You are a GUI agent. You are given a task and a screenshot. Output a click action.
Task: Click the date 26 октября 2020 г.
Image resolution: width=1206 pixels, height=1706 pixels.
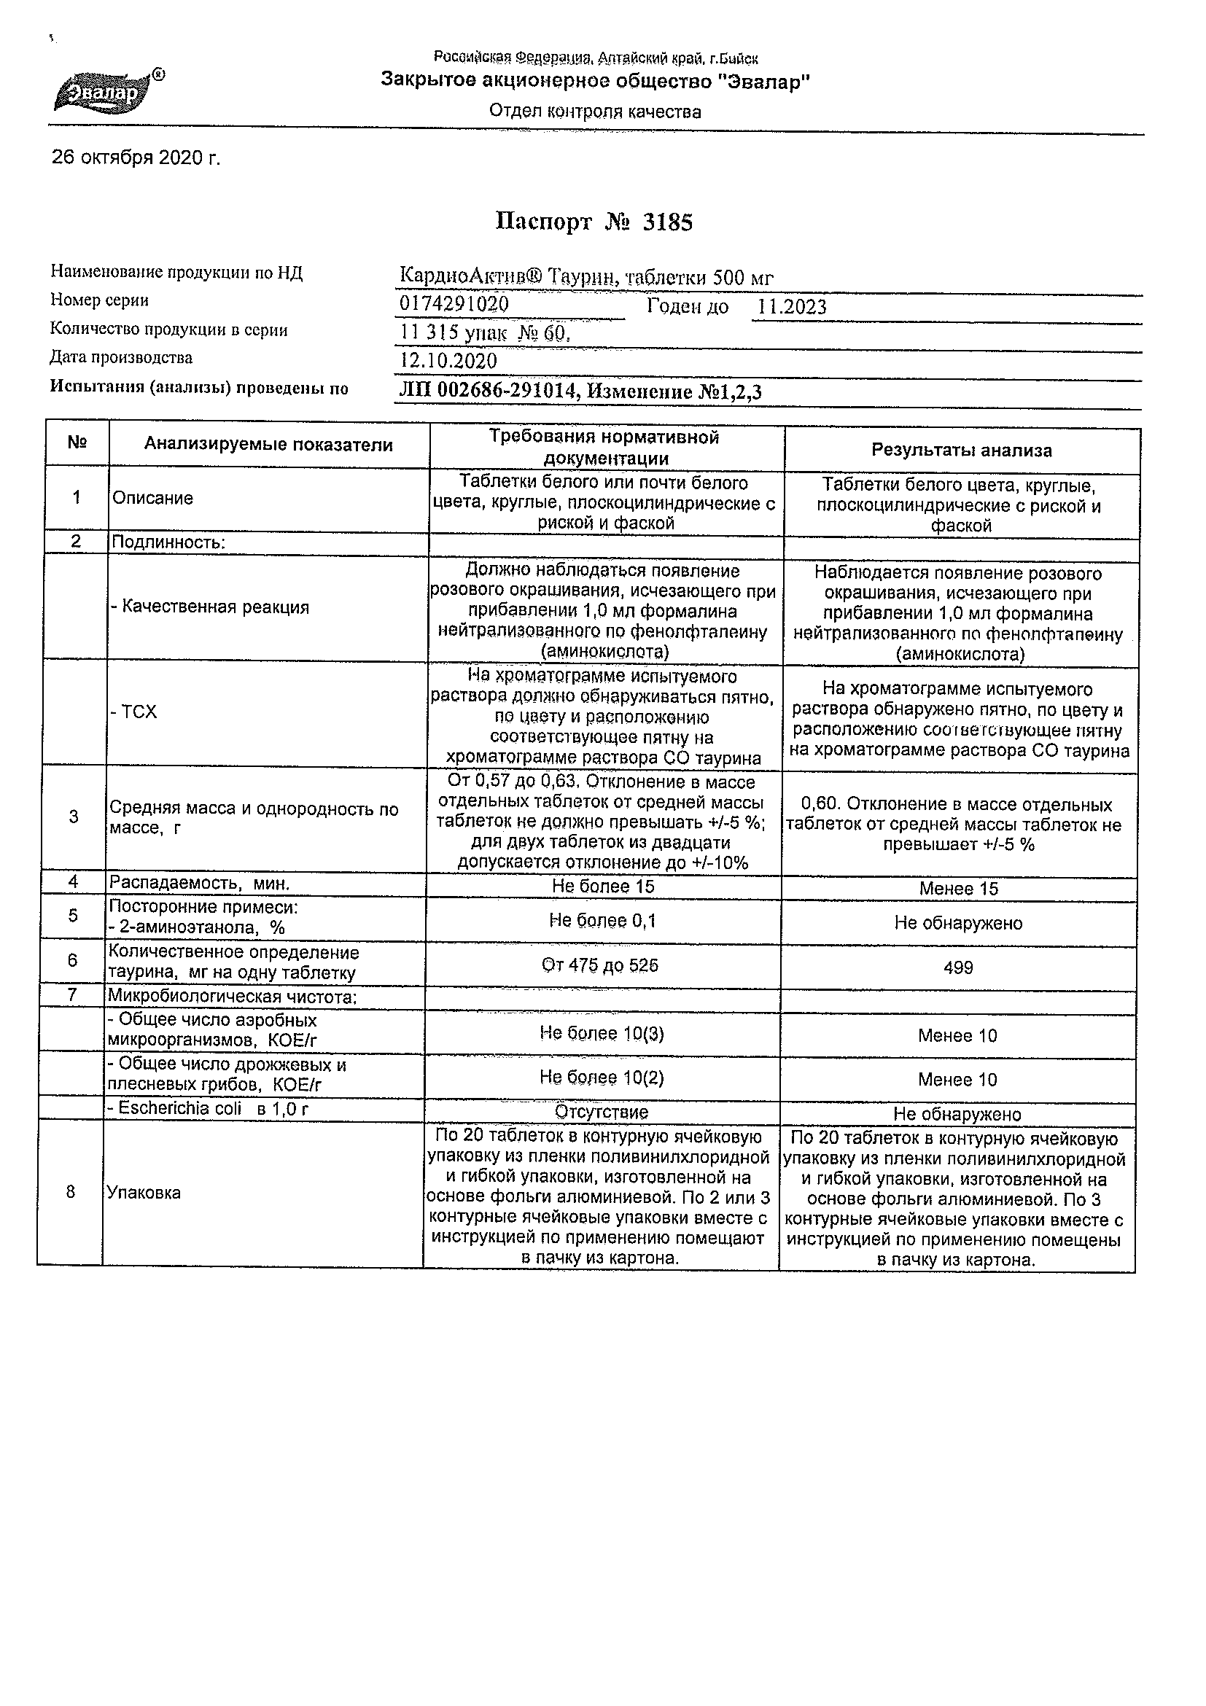[136, 158]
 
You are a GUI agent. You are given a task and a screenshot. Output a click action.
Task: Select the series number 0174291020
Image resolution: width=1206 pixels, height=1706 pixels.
[454, 304]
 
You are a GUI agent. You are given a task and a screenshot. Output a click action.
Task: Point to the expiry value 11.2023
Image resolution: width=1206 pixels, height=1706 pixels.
[791, 307]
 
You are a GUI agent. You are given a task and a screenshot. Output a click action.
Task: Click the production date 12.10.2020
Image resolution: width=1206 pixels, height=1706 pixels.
[448, 361]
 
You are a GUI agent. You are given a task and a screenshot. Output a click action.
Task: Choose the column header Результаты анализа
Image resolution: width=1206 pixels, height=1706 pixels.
[962, 451]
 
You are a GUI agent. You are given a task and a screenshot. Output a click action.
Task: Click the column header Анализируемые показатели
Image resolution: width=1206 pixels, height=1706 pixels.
[268, 444]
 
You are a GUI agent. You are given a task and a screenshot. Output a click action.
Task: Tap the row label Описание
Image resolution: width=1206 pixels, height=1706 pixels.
[152, 498]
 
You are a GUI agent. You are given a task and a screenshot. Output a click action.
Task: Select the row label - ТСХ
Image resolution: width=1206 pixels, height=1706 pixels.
[133, 712]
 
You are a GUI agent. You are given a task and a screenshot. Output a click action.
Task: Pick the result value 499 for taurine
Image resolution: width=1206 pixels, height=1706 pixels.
[958, 967]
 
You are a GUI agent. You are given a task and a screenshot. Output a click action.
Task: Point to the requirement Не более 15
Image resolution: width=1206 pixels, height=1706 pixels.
[602, 887]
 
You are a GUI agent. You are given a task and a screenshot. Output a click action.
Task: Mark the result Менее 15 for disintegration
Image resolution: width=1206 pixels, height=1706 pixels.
[959, 889]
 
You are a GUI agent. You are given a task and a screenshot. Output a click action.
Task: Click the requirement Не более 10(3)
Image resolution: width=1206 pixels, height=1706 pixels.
[602, 1034]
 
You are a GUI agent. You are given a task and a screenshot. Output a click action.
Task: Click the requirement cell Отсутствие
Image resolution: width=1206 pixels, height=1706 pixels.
[602, 1113]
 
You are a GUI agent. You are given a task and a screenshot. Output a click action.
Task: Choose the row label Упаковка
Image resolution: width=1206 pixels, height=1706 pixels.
[144, 1193]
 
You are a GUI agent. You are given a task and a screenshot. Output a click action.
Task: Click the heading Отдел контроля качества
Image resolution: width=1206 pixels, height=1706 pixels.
[594, 112]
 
